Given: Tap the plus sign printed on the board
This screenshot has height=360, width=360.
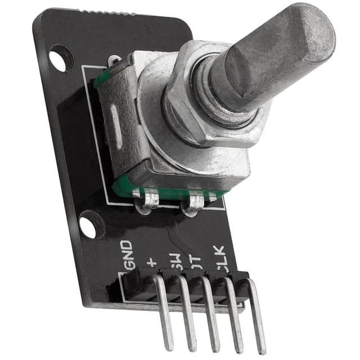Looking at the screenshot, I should click(151, 260).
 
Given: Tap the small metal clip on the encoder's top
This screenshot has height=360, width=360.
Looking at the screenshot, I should click(115, 60).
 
